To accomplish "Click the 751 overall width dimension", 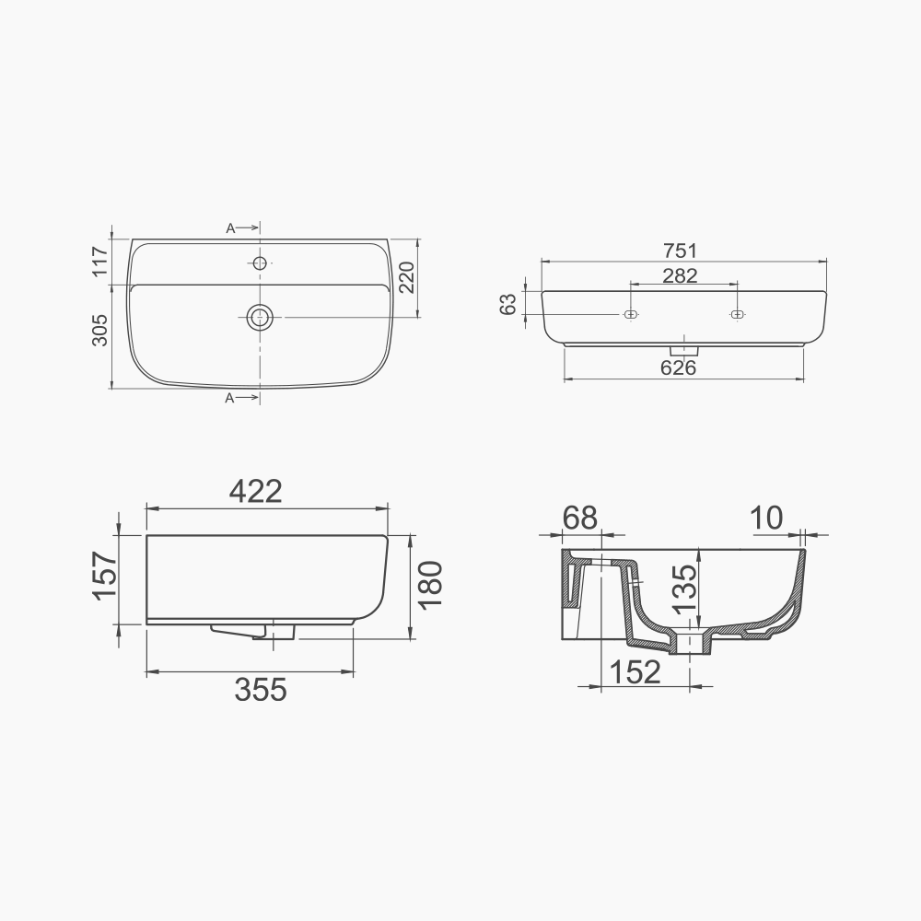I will pos(682,251).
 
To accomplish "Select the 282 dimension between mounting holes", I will pos(681,275).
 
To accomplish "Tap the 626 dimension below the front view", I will pos(677,367).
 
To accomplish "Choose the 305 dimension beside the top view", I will pos(100,329).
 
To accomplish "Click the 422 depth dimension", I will pos(255,492).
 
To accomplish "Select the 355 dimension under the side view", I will pos(261,689).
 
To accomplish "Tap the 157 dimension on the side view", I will pos(106,577).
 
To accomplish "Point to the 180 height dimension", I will pos(431,584).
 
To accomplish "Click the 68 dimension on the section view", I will pos(579,518).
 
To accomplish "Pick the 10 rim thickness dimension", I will pos(766,518).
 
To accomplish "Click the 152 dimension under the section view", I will pos(635,672).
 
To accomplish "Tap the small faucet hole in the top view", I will pos(260,264).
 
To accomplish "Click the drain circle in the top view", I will pos(260,317).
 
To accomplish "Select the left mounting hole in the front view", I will pos(631,315).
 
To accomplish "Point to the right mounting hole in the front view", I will pos(736,315).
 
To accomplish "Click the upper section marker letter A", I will pos(230,228).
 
